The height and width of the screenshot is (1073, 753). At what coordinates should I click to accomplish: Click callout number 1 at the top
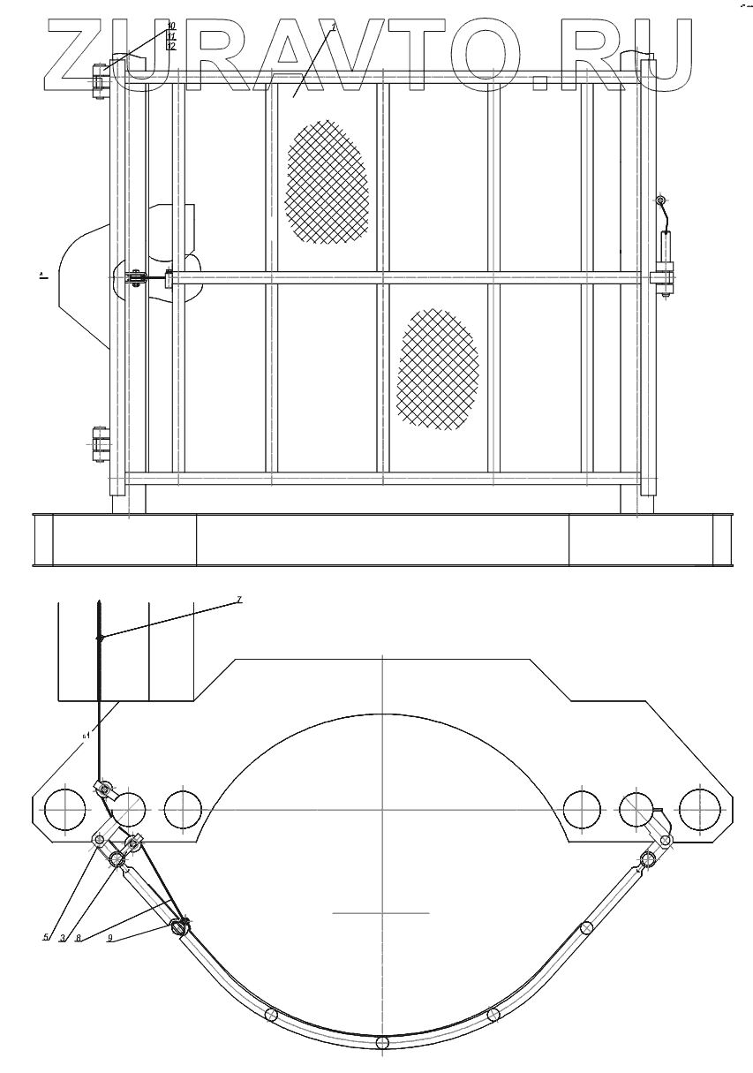pyautogui.click(x=334, y=29)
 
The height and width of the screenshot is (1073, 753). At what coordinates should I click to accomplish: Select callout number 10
pyautogui.click(x=171, y=26)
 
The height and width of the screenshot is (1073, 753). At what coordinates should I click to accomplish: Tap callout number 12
pyautogui.click(x=171, y=46)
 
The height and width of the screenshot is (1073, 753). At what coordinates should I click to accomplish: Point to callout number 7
pyautogui.click(x=238, y=601)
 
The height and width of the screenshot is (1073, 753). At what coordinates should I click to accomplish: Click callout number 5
pyautogui.click(x=47, y=937)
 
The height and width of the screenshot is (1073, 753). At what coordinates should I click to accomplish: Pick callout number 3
pyautogui.click(x=63, y=937)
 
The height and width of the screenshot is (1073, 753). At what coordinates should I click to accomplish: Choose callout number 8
pyautogui.click(x=79, y=937)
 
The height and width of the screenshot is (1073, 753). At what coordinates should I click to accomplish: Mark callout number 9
pyautogui.click(x=109, y=938)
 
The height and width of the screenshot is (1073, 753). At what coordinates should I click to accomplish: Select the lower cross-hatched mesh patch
pyautogui.click(x=438, y=369)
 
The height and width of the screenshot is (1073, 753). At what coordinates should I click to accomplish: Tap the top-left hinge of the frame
pyautogui.click(x=98, y=78)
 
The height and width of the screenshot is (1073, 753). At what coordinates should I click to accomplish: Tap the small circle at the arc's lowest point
pyautogui.click(x=382, y=1043)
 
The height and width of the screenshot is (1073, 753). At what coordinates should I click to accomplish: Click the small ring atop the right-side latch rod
pyautogui.click(x=660, y=202)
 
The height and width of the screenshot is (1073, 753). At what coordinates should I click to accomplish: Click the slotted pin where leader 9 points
pyautogui.click(x=182, y=927)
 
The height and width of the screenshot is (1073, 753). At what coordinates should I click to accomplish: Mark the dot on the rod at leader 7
pyautogui.click(x=101, y=638)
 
